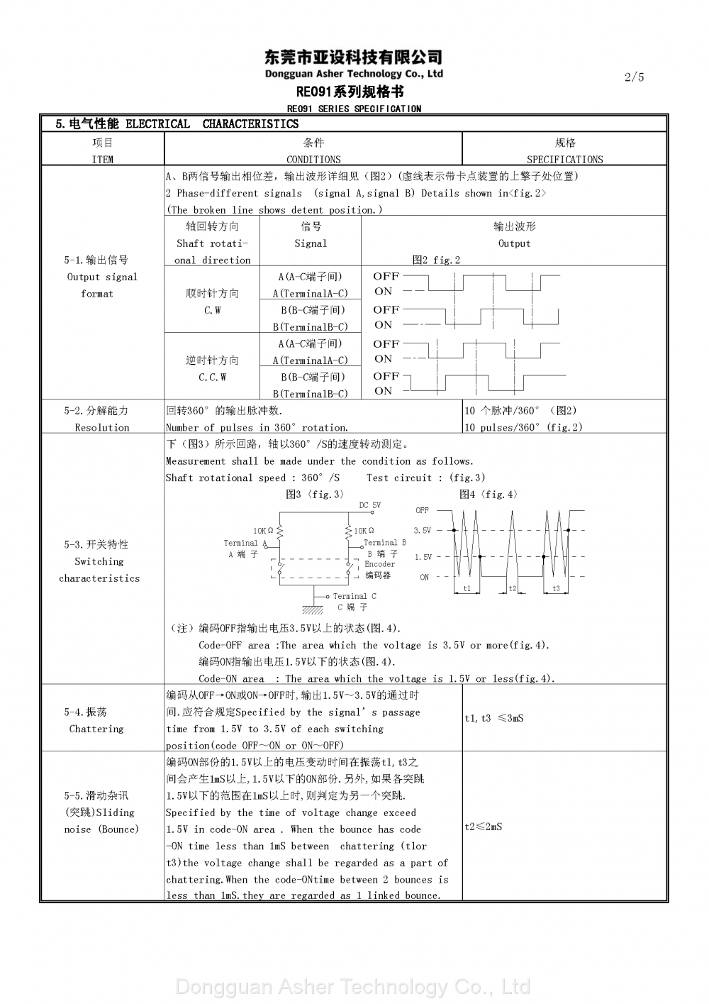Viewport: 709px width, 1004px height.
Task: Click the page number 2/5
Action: coord(634,77)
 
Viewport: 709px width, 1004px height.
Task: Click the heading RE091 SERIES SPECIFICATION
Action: coord(354,109)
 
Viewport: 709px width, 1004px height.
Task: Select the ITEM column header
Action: coord(103,160)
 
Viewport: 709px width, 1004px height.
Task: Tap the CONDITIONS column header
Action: coord(313,160)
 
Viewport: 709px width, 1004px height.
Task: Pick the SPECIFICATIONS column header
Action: coord(564,160)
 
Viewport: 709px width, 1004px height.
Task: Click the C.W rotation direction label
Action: coord(213,310)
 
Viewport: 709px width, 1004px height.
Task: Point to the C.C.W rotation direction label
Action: coord(213,377)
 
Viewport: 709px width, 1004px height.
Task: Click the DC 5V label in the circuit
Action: coord(369,505)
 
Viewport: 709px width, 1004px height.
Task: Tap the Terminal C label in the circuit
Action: coord(354,596)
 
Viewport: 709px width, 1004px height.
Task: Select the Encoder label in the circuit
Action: coord(380,564)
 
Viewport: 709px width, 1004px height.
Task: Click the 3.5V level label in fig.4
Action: coord(422,530)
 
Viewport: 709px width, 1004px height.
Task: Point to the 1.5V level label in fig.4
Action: coord(423,557)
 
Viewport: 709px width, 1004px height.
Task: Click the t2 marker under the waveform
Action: coord(513,589)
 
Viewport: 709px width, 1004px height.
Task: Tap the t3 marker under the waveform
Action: coord(556,589)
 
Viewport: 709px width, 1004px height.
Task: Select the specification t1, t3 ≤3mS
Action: coord(494,718)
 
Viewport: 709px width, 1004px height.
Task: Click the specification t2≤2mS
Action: coord(484,827)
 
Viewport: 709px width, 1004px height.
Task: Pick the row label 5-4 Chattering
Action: coord(96,720)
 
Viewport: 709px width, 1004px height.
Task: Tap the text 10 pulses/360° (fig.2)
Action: coord(523,427)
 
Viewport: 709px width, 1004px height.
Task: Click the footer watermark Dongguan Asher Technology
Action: coord(352,987)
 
